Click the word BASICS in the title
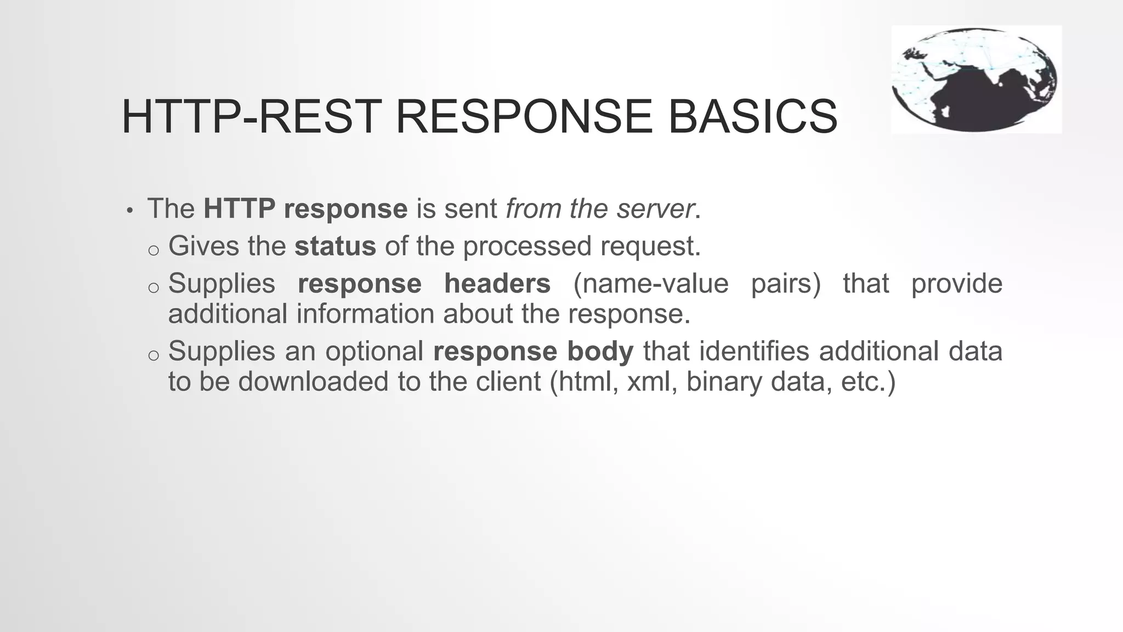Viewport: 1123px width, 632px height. pyautogui.click(x=752, y=116)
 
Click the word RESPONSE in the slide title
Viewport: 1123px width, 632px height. pyautogui.click(x=524, y=116)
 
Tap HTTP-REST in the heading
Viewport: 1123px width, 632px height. pyautogui.click(x=251, y=116)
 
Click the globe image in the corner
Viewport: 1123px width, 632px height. pyautogui.click(x=975, y=80)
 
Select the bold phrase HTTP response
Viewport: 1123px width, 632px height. pyautogui.click(x=305, y=209)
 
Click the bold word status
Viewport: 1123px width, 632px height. pyautogui.click(x=335, y=246)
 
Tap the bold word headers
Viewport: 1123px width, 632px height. pyautogui.click(x=497, y=284)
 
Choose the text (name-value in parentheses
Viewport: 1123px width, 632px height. pyautogui.click(x=650, y=284)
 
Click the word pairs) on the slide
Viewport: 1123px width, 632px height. pyautogui.click(x=785, y=284)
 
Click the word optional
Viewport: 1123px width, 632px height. pyautogui.click(x=374, y=351)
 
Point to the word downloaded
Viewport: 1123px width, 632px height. pyautogui.click(x=313, y=382)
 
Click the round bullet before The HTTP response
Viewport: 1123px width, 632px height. pyautogui.click(x=129, y=211)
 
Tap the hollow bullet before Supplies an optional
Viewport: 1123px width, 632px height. pyautogui.click(x=154, y=356)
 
